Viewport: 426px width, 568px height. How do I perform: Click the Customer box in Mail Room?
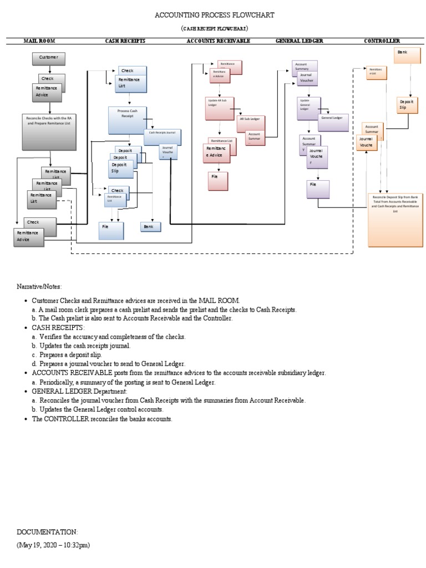[49, 58]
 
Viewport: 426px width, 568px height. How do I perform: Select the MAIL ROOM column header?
[39, 41]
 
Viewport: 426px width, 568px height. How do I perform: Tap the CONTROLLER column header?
[382, 41]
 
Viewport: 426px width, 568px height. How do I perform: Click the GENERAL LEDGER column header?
[300, 41]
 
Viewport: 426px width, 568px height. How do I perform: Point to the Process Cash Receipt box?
[129, 120]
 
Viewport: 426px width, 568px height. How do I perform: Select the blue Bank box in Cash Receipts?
[150, 226]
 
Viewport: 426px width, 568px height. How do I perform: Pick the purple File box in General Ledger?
[318, 189]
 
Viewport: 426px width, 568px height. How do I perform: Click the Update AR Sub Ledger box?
[220, 108]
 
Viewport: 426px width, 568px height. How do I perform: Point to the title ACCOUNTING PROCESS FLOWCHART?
[214, 15]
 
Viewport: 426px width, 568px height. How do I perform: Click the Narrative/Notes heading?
[40, 286]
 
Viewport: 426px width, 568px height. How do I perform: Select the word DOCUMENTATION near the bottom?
[47, 531]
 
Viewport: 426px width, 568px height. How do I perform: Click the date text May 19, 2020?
[53, 545]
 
